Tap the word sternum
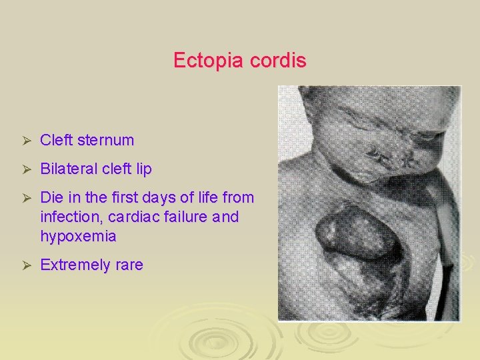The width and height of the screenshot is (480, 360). click(x=105, y=141)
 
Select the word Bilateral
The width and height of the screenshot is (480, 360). click(x=68, y=169)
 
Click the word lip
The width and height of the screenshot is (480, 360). click(x=143, y=169)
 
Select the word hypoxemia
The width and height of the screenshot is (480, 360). click(x=78, y=237)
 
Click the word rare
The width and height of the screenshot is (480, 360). click(x=129, y=265)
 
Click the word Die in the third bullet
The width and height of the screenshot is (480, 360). click(x=51, y=198)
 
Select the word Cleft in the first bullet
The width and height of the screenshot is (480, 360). click(x=57, y=141)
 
